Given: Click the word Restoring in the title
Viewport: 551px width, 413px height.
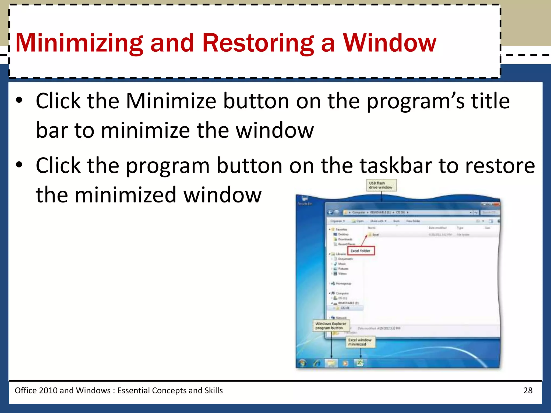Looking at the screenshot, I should coord(258,43).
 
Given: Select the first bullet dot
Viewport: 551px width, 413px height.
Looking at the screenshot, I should coord(19,100).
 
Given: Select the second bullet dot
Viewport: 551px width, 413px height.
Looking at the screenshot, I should coord(19,165).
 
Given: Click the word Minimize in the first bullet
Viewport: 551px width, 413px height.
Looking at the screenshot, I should coord(171,101).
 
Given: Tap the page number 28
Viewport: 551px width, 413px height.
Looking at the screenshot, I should coord(528,390).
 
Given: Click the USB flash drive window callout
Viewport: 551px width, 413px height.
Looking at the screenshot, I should coord(381,185).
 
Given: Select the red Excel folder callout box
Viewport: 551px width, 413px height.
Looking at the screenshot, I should coord(361,251).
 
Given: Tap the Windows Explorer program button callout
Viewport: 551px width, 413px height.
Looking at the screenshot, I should coord(331,326).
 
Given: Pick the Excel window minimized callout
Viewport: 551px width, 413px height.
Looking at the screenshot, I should coord(360,342).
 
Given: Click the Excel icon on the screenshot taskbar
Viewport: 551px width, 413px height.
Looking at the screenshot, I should coord(360,363).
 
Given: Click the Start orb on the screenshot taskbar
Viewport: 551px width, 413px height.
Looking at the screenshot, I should coord(302,363).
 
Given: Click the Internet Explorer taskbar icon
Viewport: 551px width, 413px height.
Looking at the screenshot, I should coord(317,363).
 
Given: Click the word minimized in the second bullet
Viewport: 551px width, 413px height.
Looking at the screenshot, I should coord(125,195).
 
